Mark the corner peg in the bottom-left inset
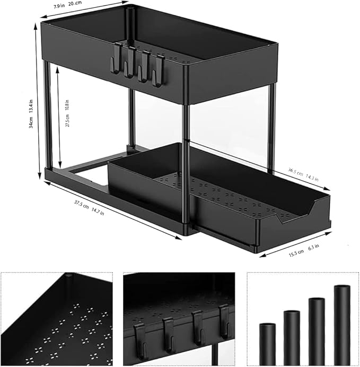69,276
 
